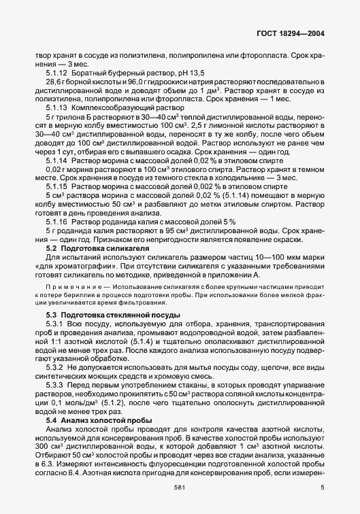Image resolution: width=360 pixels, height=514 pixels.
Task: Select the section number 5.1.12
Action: coord(56,71)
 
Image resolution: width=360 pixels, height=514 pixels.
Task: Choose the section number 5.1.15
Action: coord(56,186)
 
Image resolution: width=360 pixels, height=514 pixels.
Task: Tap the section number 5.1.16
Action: coord(56,222)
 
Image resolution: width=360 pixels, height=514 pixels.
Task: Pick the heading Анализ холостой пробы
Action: coord(100,420)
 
